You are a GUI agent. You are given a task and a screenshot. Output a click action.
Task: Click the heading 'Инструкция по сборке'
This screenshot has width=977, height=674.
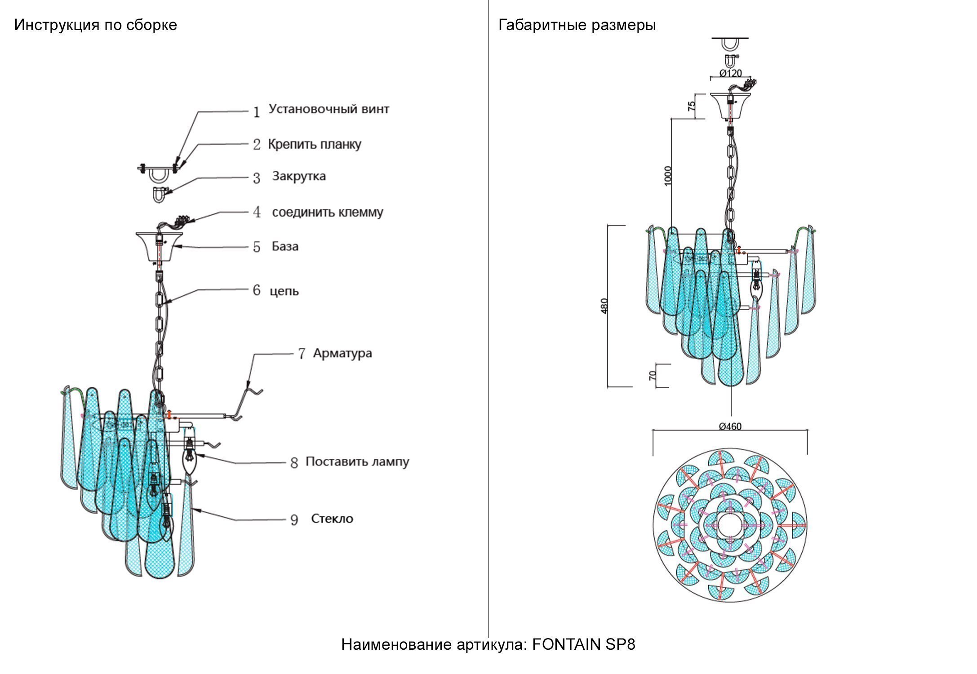[95, 25]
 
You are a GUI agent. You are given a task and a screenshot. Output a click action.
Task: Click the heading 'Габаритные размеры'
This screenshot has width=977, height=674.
[577, 25]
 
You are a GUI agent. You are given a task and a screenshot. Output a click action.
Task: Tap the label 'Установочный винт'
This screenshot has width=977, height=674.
[329, 109]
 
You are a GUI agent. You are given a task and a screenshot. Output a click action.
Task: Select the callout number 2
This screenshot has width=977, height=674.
[257, 145]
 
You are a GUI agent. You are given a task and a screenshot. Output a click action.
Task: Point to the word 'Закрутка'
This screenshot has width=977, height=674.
[299, 176]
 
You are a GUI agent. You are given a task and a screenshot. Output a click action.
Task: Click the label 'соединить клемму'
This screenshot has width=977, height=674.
[328, 212]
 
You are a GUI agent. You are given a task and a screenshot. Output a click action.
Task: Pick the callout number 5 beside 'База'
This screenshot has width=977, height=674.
[257, 247]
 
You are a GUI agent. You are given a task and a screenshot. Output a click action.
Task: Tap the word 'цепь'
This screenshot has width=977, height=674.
[284, 291]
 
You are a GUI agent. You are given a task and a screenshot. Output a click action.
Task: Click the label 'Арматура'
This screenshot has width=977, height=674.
[342, 354]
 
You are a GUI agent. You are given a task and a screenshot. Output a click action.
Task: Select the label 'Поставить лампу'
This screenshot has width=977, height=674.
[357, 462]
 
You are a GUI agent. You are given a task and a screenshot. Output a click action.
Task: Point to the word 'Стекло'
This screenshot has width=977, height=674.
[332, 519]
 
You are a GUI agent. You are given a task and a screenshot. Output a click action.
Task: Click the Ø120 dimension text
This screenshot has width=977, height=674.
[730, 73]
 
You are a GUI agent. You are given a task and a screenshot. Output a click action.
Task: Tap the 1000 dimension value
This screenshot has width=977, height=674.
[668, 175]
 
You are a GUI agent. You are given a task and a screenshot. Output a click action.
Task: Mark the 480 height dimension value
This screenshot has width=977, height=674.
[605, 306]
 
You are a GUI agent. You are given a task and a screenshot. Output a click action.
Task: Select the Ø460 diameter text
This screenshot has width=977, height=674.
[730, 426]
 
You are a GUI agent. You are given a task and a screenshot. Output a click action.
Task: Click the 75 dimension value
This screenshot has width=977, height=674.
[692, 106]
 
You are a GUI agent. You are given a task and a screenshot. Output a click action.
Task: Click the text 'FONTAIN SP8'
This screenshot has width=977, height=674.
[584, 645]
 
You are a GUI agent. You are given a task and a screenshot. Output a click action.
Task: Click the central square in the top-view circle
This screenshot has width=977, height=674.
[730, 525]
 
